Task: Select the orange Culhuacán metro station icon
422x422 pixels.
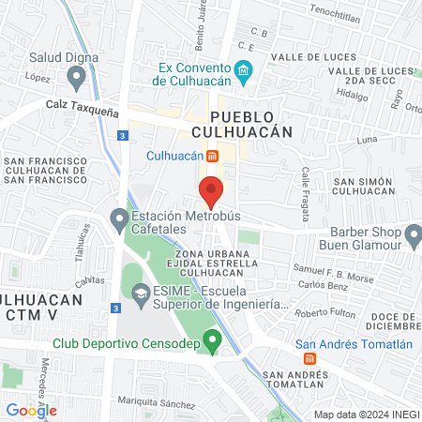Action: click(x=213, y=155)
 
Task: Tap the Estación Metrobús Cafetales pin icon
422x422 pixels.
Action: click(x=119, y=221)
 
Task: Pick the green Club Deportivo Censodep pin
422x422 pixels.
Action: click(x=213, y=339)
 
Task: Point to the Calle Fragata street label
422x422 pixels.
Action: click(x=306, y=195)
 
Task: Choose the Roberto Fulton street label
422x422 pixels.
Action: click(x=325, y=312)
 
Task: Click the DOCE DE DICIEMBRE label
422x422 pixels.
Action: click(x=395, y=321)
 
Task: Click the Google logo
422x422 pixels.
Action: click(x=31, y=410)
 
